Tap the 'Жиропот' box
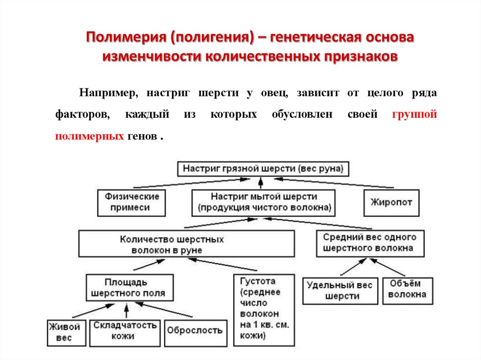[x=391, y=202]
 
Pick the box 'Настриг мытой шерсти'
[x=264, y=202]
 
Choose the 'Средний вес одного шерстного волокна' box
[x=370, y=243]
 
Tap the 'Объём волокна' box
[x=407, y=289]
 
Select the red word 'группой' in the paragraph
[x=414, y=115]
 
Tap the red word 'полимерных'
[x=89, y=136]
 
